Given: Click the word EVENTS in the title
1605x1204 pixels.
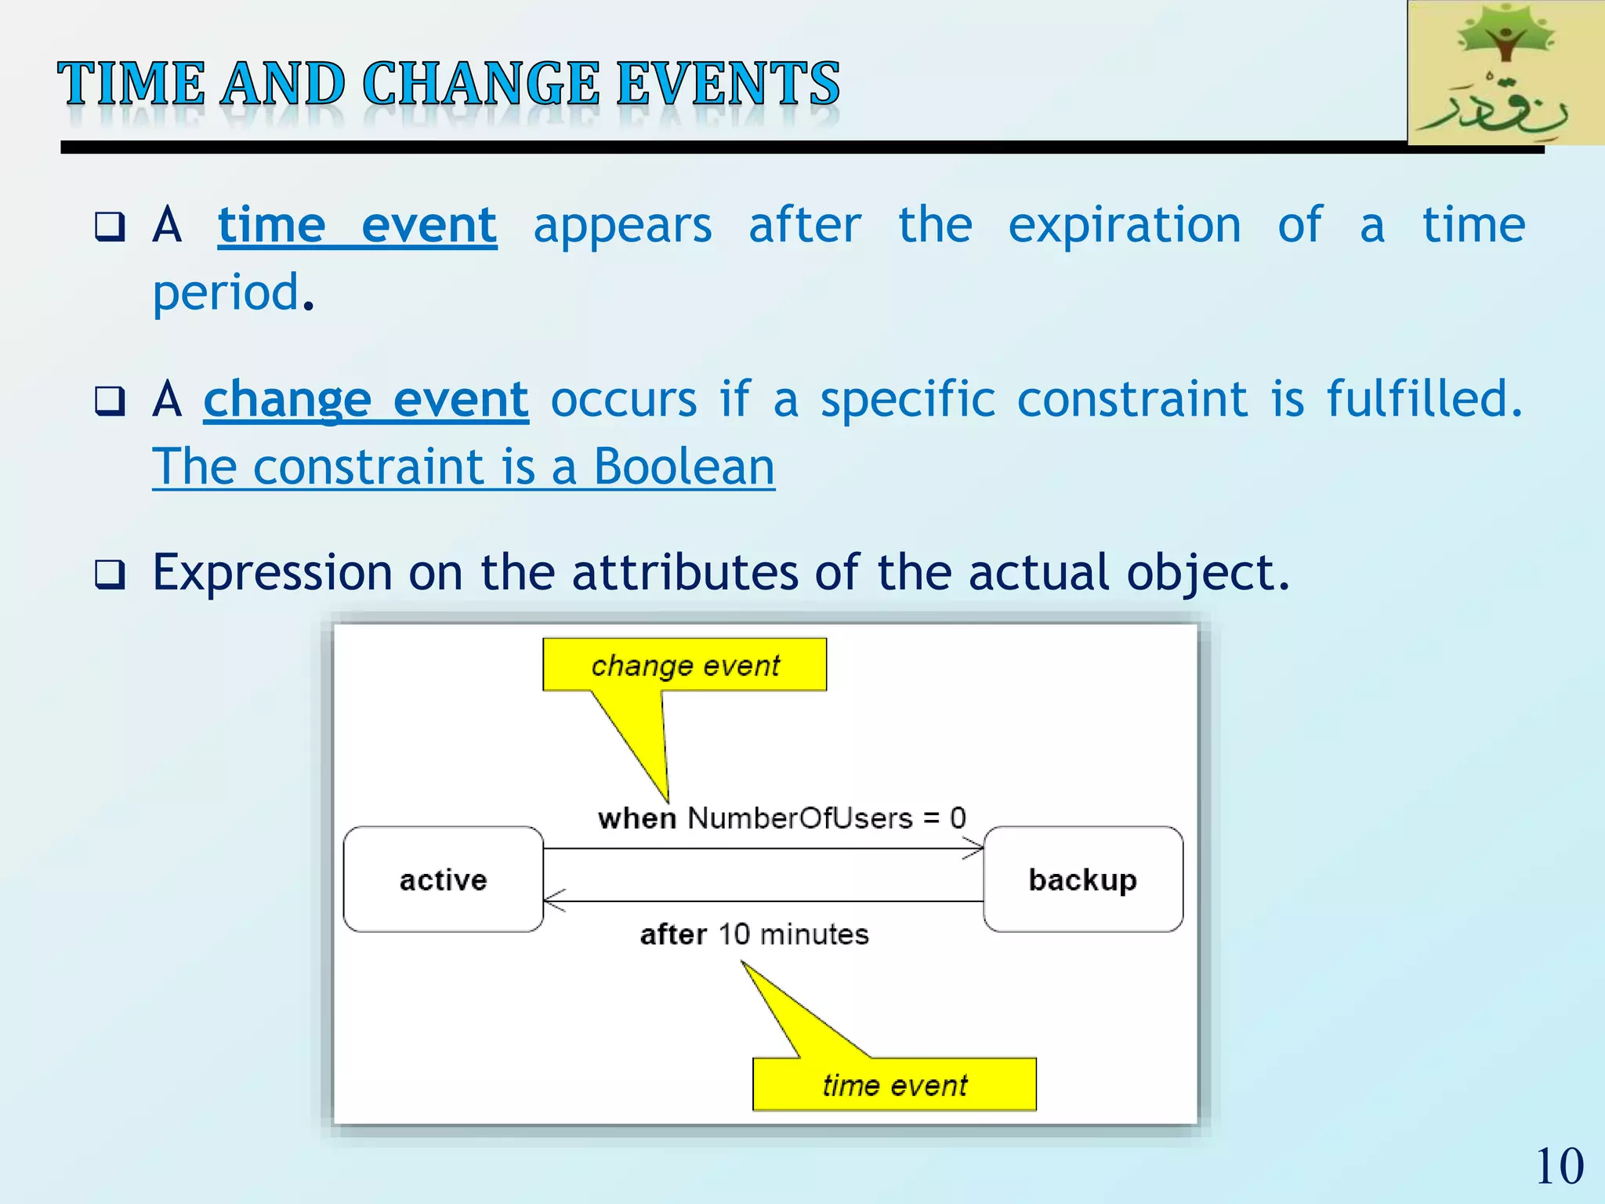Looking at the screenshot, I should (727, 84).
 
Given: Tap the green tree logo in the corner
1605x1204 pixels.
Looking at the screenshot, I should (1505, 72).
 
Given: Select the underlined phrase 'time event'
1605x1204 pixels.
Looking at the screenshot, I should (357, 226).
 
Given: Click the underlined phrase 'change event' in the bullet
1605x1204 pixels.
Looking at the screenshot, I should (366, 400).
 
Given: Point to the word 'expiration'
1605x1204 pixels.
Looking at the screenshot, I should (1124, 227).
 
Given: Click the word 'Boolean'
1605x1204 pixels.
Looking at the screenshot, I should (683, 467).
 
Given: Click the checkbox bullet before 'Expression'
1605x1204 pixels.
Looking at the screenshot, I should (110, 575).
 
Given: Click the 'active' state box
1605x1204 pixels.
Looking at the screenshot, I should (443, 879).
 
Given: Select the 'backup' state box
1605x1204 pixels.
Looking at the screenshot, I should (1082, 879).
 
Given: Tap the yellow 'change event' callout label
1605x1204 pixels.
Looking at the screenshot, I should (684, 665).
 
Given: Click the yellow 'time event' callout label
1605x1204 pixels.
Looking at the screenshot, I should (894, 1085).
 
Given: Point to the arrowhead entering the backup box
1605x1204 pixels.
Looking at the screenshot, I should (976, 848).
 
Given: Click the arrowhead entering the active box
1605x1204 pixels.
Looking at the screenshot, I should (552, 901).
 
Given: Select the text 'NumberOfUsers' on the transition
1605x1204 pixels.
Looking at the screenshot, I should (799, 818).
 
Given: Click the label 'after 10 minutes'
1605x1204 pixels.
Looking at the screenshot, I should (754, 934).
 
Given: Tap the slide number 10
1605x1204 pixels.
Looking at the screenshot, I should (1559, 1166).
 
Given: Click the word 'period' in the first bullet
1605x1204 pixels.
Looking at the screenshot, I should (226, 293).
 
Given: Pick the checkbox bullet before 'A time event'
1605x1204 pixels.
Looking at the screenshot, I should (110, 227).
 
